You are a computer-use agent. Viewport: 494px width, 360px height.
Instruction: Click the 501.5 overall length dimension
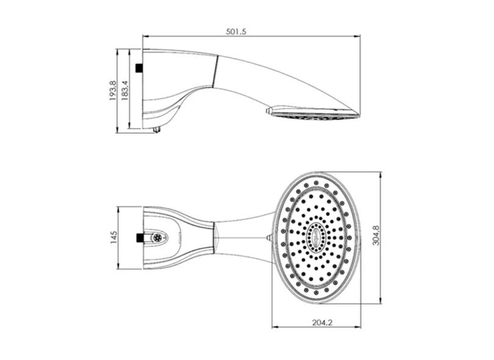click(235, 32)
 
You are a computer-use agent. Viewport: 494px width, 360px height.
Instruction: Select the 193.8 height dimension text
click(113, 90)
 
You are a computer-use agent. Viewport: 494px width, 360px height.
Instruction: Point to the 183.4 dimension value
click(124, 90)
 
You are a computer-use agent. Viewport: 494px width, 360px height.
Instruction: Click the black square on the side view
click(139, 68)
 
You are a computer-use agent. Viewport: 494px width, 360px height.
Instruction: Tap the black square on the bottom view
click(140, 237)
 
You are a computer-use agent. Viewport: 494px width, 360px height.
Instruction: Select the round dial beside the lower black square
click(157, 237)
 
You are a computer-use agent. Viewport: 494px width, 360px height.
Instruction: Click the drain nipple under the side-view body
click(157, 129)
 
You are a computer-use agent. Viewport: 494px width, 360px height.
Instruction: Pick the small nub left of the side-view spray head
click(268, 111)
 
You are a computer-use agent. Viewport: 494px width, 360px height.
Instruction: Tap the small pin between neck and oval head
click(268, 237)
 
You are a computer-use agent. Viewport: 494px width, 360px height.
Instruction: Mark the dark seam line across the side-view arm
click(214, 72)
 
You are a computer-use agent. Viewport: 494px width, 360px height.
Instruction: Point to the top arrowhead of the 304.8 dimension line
click(380, 173)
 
